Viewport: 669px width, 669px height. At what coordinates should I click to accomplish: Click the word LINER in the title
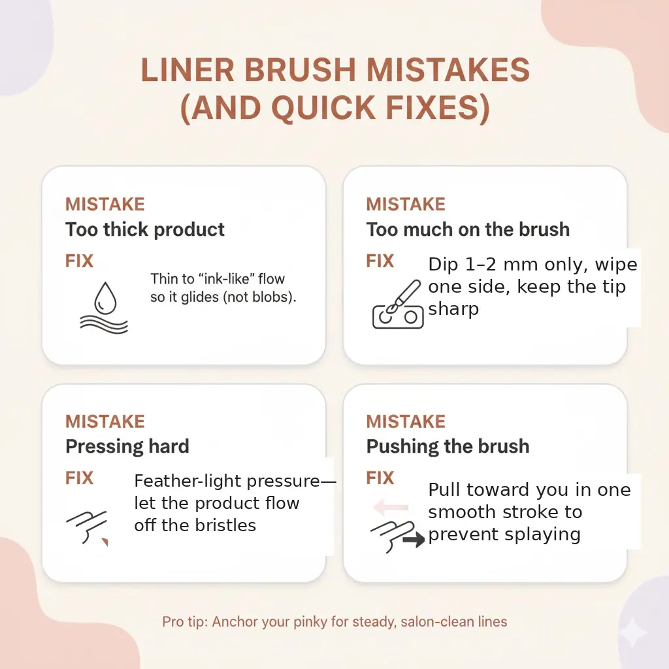click(x=188, y=71)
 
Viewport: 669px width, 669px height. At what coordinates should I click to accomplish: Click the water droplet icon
click(x=105, y=299)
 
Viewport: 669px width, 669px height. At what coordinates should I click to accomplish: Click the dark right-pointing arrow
click(x=414, y=539)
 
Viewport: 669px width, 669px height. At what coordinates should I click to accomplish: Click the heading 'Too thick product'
click(x=145, y=229)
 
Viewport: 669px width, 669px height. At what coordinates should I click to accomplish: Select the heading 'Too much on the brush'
click(x=468, y=229)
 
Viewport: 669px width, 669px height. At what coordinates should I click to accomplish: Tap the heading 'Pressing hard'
click(x=127, y=446)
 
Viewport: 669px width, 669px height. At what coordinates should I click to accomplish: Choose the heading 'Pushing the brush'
click(x=448, y=446)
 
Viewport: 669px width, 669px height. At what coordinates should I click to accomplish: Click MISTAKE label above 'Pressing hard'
click(x=105, y=421)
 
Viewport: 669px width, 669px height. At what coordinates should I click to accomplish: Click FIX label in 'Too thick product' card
click(x=79, y=261)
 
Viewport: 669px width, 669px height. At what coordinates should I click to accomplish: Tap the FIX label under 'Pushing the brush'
click(x=380, y=478)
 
